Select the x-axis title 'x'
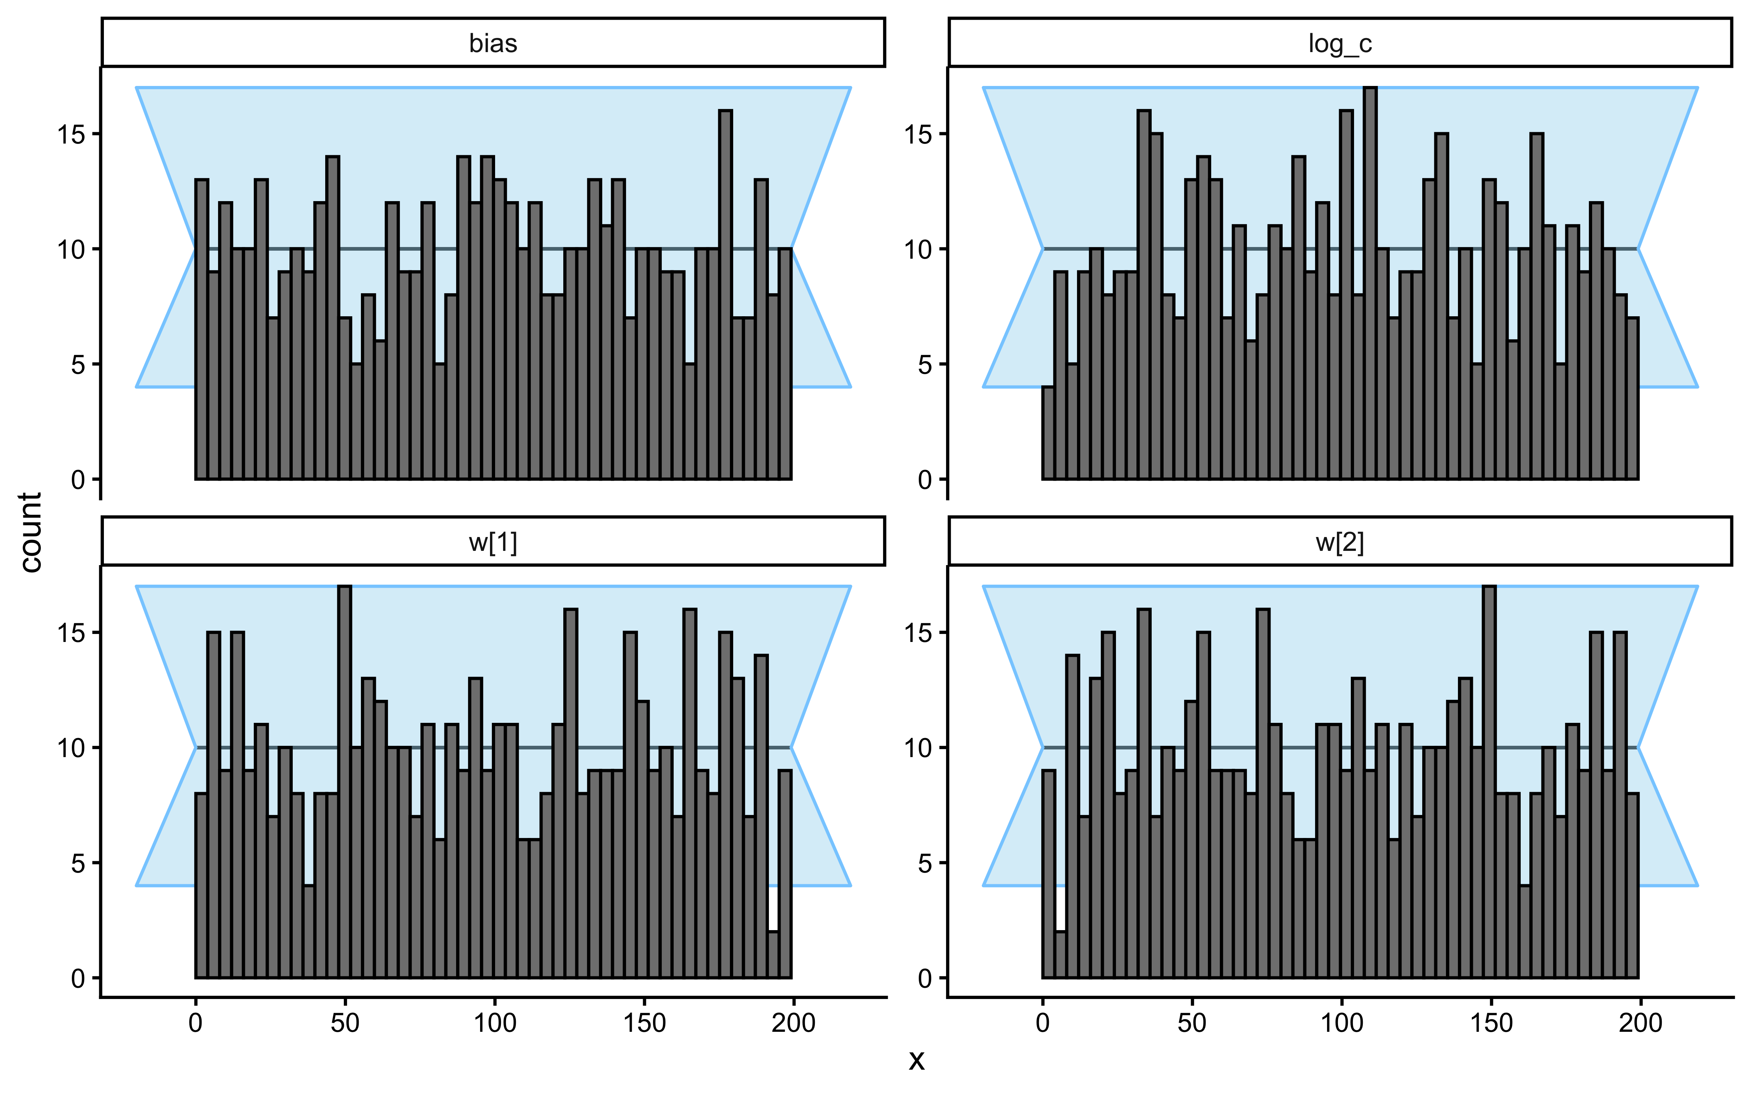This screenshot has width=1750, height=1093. (x=916, y=1060)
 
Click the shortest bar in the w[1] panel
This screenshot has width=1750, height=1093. (x=773, y=954)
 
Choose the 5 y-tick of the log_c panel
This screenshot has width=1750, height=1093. (x=925, y=364)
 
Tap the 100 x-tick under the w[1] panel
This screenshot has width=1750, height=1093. (x=495, y=1023)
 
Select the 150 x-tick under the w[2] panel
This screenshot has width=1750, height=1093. (x=1491, y=1023)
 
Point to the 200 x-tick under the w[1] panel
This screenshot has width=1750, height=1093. (x=793, y=1023)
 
